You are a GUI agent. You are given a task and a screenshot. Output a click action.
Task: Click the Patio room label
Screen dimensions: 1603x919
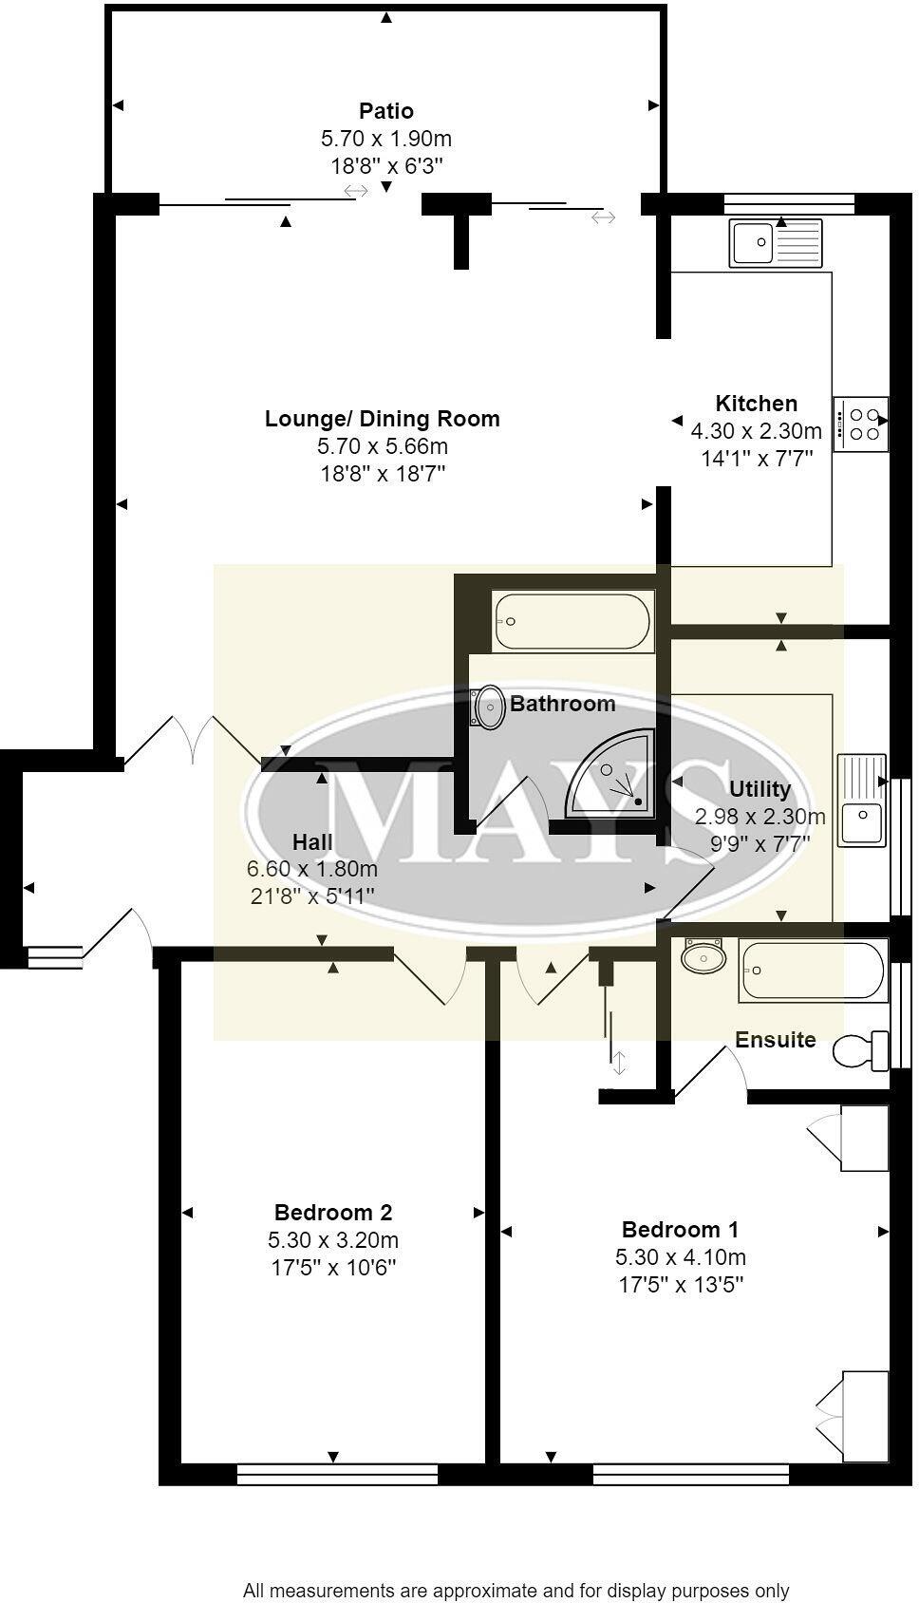coord(385,111)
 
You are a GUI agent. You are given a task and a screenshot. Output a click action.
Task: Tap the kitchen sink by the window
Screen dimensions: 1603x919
coord(776,243)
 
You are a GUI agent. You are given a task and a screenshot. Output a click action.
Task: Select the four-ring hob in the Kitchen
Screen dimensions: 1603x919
coord(862,424)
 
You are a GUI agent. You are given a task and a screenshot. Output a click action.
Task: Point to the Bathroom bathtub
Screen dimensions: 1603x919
coord(572,621)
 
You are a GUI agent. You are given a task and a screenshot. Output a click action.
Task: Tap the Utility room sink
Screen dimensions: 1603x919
coord(861,800)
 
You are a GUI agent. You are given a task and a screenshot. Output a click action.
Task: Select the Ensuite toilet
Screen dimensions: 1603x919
coord(860,1049)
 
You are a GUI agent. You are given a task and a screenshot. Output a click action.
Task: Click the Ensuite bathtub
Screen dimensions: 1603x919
coord(813,970)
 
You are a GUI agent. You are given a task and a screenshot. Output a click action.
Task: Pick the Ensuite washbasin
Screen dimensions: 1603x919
coord(703,956)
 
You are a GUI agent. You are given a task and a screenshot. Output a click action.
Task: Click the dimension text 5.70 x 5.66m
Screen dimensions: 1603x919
coord(383,445)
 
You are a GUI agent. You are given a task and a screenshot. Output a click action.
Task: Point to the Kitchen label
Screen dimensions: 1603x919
coord(756,403)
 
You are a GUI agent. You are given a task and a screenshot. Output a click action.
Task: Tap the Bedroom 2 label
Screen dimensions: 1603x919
coord(333,1212)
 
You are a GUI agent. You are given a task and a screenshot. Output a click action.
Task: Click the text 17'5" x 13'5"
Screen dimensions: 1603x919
coord(680,1285)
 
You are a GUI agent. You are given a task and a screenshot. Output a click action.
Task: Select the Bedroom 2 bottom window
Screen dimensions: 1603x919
coord(337,1474)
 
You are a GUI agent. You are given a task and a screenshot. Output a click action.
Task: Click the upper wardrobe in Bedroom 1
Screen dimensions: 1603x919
coord(862,1138)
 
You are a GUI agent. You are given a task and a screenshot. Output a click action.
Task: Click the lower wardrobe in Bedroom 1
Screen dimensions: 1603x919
coord(862,1416)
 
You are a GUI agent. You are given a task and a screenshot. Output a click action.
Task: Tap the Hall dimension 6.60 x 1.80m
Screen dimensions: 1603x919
coord(312,868)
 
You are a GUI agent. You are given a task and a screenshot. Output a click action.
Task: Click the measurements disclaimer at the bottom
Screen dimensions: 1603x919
coord(516,1590)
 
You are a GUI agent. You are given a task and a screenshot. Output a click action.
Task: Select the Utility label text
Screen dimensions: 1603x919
coord(760,788)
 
